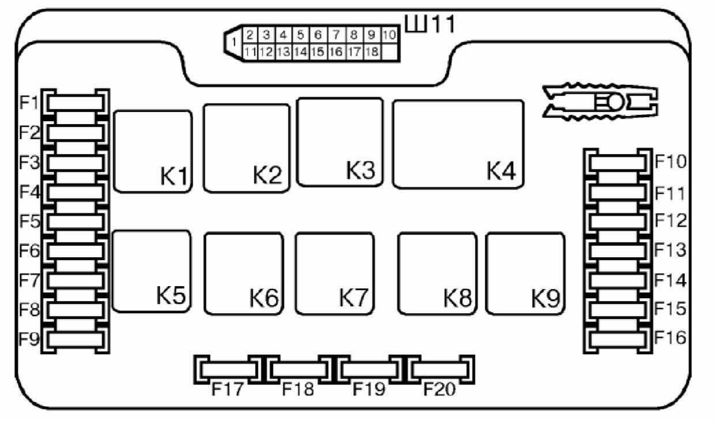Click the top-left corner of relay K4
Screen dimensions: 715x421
(x=393, y=101)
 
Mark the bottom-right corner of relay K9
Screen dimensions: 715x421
(x=564, y=314)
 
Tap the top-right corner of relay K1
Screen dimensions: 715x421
(x=192, y=111)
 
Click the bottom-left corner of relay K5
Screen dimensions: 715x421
(x=113, y=311)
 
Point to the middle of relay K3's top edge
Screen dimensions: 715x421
(x=340, y=99)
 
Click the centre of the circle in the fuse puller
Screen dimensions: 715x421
(x=615, y=103)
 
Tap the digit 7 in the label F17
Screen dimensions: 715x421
(x=237, y=389)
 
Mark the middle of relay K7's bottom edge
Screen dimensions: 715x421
(x=335, y=314)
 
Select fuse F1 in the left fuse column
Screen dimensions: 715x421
(x=76, y=103)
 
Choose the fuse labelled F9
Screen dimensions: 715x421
(x=76, y=339)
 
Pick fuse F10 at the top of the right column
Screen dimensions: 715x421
(x=617, y=163)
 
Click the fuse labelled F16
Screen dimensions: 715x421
(x=617, y=339)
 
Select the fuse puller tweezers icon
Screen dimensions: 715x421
(x=600, y=102)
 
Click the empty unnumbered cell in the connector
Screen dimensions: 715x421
(x=390, y=52)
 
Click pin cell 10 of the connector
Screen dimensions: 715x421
(x=390, y=35)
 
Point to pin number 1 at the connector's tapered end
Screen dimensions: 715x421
(x=234, y=42)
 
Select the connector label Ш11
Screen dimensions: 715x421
(x=430, y=24)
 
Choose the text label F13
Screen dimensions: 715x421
(x=671, y=249)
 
